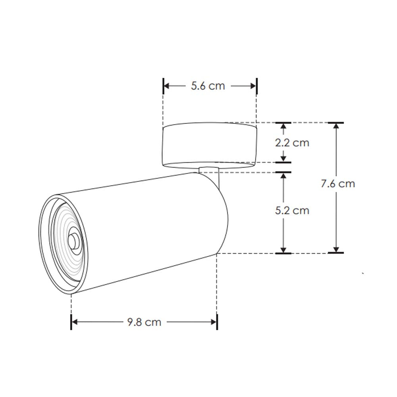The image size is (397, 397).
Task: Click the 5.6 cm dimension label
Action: (x=208, y=86)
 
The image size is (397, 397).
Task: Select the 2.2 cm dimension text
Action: (x=292, y=143)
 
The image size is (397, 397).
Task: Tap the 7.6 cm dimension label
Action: (x=338, y=183)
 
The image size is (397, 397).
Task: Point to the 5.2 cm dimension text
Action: (x=292, y=210)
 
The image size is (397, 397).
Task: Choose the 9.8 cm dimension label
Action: (x=144, y=322)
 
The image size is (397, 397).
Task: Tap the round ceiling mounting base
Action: (x=209, y=145)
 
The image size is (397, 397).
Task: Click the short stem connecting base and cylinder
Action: (x=209, y=171)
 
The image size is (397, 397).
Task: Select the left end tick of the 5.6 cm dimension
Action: (x=164, y=86)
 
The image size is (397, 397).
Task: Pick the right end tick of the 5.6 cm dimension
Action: (x=256, y=86)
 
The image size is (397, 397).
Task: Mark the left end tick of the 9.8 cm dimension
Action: (x=71, y=322)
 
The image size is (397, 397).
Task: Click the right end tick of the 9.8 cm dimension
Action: (x=217, y=322)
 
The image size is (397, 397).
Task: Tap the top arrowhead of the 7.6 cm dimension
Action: (x=336, y=126)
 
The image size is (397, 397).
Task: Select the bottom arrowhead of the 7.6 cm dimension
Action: (x=336, y=249)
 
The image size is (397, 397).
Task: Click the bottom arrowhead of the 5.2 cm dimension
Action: (x=283, y=249)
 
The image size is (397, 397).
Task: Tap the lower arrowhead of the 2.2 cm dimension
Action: (x=283, y=159)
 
